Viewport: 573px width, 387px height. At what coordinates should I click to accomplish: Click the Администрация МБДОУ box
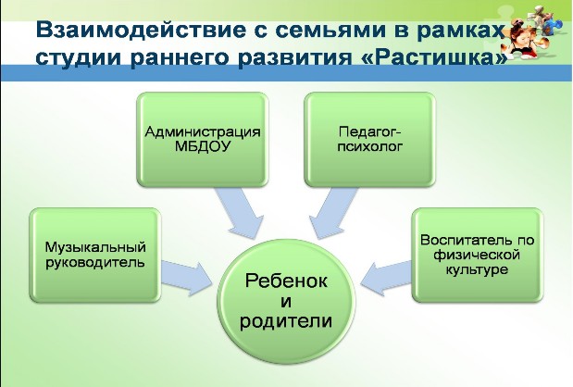(203, 139)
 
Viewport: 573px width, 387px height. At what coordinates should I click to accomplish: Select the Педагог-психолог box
(370, 139)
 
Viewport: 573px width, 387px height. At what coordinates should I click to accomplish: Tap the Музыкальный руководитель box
(95, 256)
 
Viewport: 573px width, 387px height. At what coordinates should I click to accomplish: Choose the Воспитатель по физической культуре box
(478, 256)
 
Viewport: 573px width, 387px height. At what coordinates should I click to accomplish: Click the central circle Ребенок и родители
(286, 302)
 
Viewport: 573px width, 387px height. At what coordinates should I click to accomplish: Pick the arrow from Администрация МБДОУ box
(240, 213)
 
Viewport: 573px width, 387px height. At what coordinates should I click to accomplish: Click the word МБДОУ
(203, 147)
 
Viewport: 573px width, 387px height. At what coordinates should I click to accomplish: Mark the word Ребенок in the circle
(286, 281)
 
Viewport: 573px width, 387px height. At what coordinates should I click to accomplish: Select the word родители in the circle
(286, 321)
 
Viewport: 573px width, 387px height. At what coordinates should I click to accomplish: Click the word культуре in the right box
(477, 270)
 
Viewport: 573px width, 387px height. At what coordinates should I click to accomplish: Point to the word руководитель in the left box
(95, 263)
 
